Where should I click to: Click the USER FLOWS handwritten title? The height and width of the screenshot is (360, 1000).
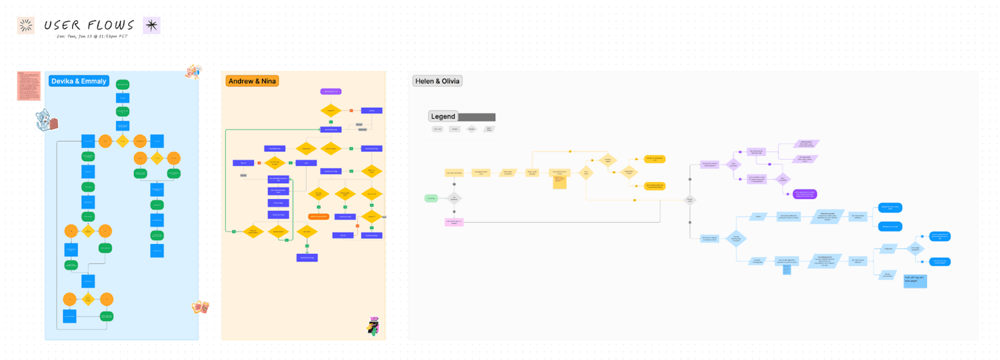pos(89,25)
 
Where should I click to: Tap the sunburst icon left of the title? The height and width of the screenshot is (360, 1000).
pos(25,25)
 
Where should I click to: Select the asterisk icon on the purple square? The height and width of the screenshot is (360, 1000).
pos(151,25)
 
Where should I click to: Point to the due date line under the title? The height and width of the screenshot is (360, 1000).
pos(92,36)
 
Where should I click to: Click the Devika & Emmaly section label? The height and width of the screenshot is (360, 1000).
pos(79,81)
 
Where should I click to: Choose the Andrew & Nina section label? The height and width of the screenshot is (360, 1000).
pos(252,81)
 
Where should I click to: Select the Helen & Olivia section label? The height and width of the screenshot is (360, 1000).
pos(437,81)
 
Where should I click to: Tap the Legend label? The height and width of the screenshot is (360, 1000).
pos(443,116)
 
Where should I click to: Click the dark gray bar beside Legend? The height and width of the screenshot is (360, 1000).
pos(476,117)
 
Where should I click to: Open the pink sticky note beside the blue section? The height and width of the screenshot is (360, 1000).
pos(28,85)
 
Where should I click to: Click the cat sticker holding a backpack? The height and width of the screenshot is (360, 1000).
pos(46,120)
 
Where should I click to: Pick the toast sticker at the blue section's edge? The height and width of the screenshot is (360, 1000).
pos(200,306)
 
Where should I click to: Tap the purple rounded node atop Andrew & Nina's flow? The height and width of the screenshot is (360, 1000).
pos(330,91)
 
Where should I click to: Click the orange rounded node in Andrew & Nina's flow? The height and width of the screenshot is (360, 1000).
pos(318,216)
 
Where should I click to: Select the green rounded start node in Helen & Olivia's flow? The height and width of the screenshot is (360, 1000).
pos(431,198)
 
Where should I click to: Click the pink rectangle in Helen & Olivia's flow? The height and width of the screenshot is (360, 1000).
pos(454,222)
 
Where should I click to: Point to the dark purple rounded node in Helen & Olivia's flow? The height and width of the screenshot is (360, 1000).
pos(804,194)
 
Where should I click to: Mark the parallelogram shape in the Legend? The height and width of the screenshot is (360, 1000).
pos(489,129)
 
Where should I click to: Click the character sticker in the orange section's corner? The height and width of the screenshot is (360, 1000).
pos(373,326)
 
